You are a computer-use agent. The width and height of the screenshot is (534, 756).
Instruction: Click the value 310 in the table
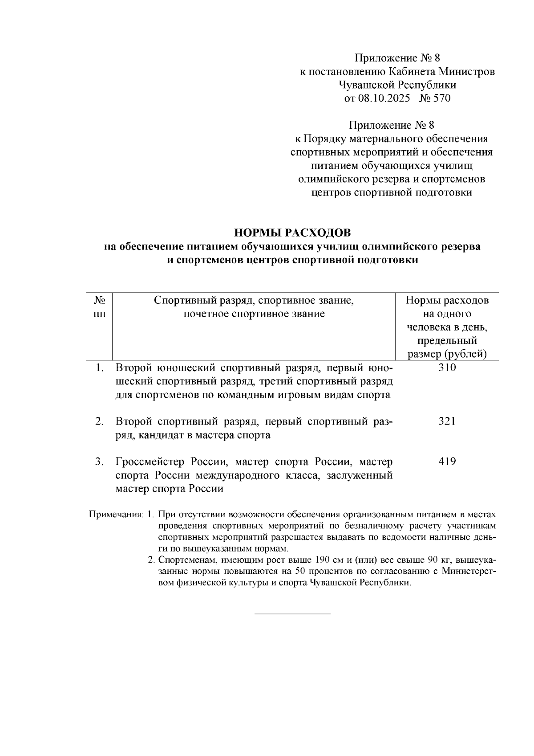447,368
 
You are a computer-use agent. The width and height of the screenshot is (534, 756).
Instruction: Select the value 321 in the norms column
447,421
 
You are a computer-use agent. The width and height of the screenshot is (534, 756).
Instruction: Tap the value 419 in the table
447,462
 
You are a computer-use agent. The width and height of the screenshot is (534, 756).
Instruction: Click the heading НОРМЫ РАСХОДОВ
292,233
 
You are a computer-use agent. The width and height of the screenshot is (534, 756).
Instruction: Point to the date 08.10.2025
384,98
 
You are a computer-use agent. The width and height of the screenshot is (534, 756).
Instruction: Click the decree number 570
441,98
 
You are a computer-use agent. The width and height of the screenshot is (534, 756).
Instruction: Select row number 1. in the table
100,368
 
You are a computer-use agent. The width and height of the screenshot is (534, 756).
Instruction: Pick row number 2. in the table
100,421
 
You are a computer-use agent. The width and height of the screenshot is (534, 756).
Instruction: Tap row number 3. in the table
100,462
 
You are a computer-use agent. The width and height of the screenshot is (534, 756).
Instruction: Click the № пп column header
100,307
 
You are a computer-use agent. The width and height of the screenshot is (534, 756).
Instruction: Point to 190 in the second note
323,560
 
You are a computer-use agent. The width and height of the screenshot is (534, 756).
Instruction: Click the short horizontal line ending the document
292,614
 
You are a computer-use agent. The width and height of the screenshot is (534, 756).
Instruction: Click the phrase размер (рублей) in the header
447,354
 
